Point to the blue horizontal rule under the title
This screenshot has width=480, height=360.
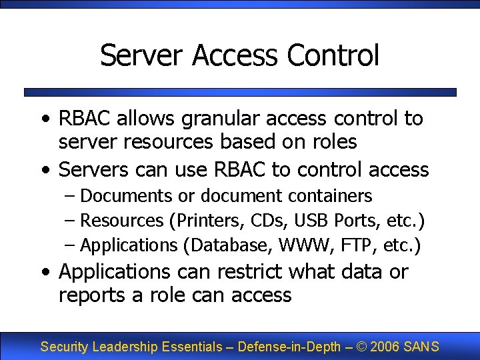240,92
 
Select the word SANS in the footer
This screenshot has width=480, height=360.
422,347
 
